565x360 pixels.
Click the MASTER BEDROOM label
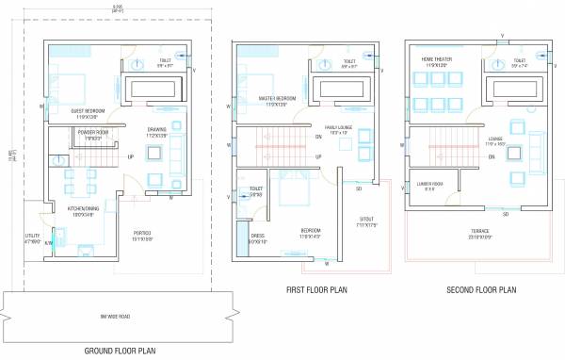[277, 99]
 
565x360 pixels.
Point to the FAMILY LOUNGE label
[338, 127]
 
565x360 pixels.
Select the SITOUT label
[363, 221]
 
